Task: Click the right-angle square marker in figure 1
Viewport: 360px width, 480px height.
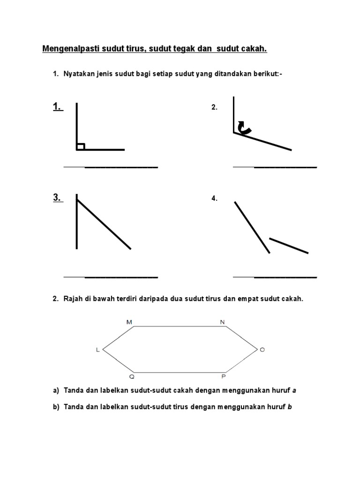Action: coord(81,147)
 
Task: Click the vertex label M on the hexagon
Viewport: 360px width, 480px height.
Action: coord(129,322)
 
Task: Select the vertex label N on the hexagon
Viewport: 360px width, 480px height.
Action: coord(222,322)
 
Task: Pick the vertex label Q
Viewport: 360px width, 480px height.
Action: coord(132,376)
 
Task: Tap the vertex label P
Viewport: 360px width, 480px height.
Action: coord(223,376)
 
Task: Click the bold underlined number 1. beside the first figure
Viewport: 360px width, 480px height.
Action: coord(57,107)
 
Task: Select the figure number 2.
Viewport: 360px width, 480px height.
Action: coord(215,107)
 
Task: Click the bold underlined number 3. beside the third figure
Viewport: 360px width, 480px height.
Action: coord(57,197)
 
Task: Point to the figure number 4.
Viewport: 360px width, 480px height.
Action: coord(215,198)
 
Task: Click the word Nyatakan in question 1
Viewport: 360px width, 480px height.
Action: coord(77,74)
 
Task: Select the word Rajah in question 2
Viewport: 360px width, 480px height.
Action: coord(73,299)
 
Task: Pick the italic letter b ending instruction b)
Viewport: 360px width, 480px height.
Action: coord(290,407)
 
